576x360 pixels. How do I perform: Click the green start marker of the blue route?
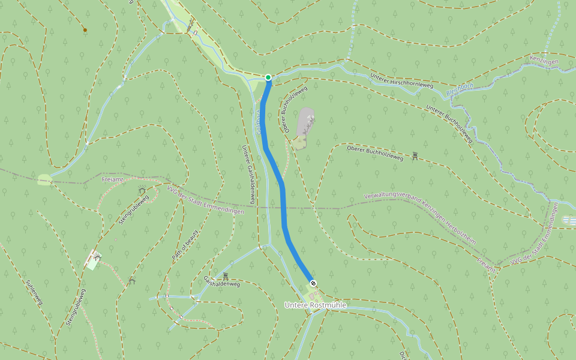pyautogui.click(x=268, y=77)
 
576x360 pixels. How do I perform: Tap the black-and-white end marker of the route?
pyautogui.click(x=313, y=283)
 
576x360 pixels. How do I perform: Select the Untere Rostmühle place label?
pyautogui.click(x=315, y=305)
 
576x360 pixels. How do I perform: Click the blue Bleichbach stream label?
pyautogui.click(x=460, y=89)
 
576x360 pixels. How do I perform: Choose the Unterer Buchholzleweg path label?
pyautogui.click(x=449, y=124)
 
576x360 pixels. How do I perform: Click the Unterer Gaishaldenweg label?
pyautogui.click(x=249, y=175)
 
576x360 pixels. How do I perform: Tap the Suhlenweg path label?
pyautogui.click(x=34, y=292)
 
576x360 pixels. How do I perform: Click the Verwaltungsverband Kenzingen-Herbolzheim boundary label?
pyautogui.click(x=419, y=218)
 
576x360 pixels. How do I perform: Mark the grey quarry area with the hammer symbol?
pyautogui.click(x=306, y=122)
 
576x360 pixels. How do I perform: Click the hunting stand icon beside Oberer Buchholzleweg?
pyautogui.click(x=415, y=156)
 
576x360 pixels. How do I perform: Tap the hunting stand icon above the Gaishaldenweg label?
pyautogui.click(x=226, y=276)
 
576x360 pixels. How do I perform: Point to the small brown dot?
pyautogui.click(x=85, y=29)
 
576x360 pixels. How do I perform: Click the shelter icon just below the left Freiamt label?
pyautogui.click(x=142, y=190)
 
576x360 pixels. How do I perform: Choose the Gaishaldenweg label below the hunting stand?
pyautogui.click(x=221, y=283)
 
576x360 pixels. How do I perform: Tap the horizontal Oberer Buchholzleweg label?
pyautogui.click(x=375, y=152)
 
